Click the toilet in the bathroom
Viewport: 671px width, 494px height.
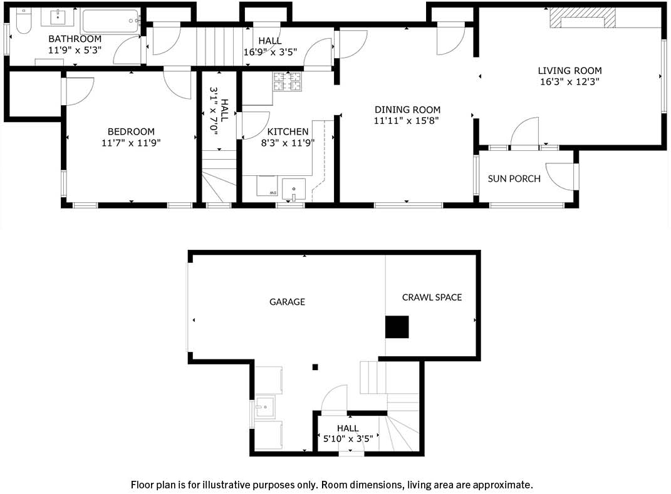click(24, 21)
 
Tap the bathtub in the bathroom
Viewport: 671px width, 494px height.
click(111, 21)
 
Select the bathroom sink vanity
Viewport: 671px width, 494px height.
click(58, 17)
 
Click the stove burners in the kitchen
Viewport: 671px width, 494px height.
click(288, 81)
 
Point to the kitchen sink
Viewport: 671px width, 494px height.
click(294, 189)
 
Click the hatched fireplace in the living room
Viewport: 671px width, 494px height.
click(583, 18)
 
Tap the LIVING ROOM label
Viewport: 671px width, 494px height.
click(570, 71)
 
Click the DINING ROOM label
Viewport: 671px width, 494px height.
click(407, 110)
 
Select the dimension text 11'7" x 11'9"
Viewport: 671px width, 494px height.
click(131, 142)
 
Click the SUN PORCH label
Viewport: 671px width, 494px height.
click(514, 178)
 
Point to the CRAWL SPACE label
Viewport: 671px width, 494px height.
click(432, 297)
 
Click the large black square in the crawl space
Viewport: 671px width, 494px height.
click(397, 327)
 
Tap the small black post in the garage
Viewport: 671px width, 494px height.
click(315, 367)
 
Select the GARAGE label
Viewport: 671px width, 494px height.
click(287, 302)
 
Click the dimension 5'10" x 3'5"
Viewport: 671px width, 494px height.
click(348, 438)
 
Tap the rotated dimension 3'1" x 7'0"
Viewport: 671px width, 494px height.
click(214, 111)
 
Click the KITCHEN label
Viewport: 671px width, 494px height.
click(288, 131)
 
